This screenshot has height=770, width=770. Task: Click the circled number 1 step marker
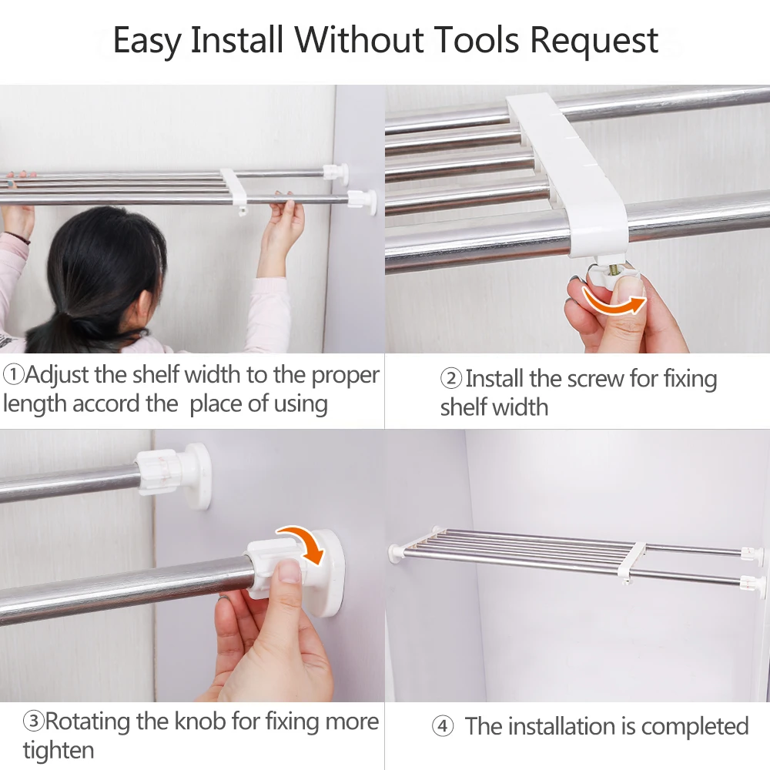(13, 376)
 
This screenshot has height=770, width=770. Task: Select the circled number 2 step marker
(451, 379)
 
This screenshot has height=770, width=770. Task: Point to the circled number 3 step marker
(33, 722)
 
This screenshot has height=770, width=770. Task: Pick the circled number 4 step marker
(442, 726)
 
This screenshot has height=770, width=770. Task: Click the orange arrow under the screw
(612, 301)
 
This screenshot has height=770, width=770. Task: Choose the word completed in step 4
(695, 726)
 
